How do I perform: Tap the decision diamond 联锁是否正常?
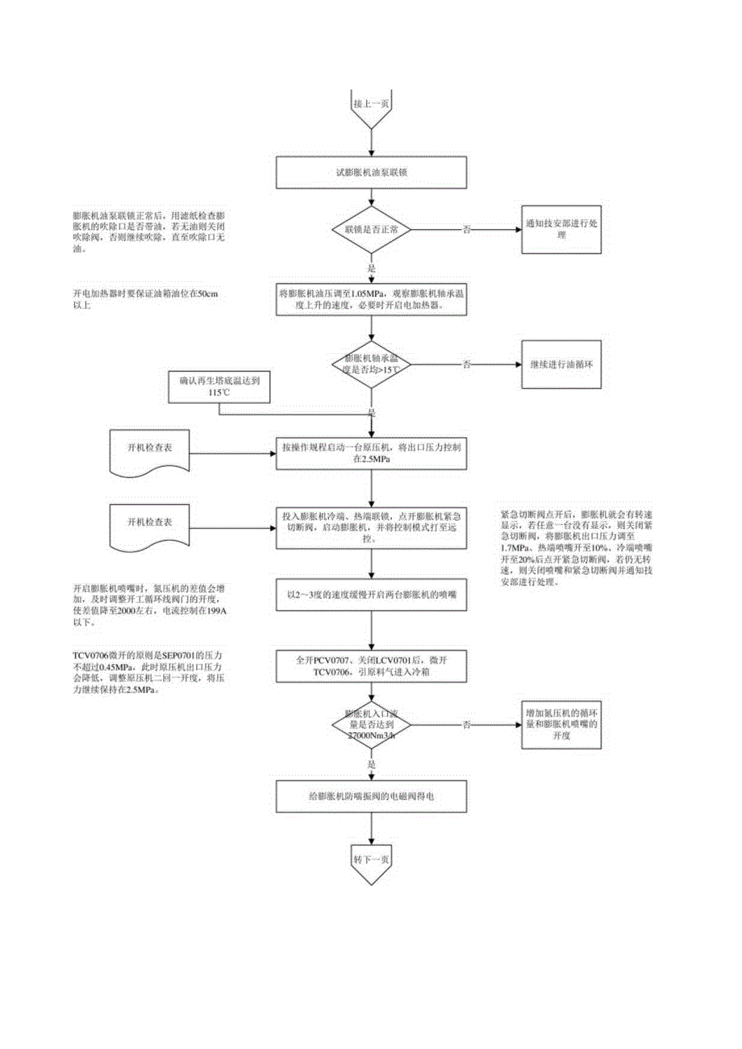(x=371, y=230)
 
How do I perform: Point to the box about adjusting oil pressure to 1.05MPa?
(x=371, y=299)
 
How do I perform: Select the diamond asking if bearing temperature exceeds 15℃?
(x=371, y=364)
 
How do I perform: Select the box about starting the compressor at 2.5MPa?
(x=371, y=453)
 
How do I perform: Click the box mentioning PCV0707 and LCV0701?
(x=371, y=666)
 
